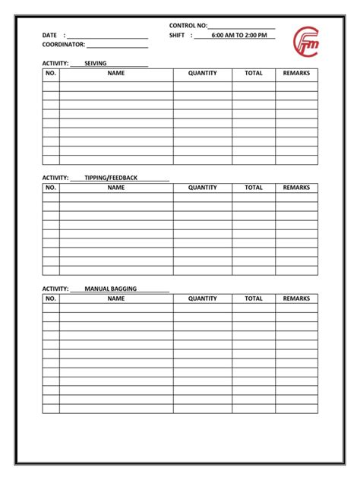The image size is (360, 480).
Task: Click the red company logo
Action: [307, 43]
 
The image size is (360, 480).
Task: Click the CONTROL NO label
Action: [188, 26]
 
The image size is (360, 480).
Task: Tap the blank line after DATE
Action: [107, 36]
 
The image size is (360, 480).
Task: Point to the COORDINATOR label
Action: [63, 45]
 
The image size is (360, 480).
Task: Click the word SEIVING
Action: [96, 63]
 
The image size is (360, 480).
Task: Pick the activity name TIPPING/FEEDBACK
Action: [111, 178]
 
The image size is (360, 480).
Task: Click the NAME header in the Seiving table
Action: [116, 74]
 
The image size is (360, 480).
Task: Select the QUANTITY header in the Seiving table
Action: [203, 74]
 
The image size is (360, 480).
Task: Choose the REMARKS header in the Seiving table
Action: [296, 74]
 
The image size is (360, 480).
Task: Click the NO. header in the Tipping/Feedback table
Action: [51, 188]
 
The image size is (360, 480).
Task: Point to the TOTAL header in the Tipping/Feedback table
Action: [254, 188]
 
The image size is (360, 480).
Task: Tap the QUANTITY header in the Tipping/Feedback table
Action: [203, 188]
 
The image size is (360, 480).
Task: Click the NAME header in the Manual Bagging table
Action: [116, 299]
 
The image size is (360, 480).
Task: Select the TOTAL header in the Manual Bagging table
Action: [254, 299]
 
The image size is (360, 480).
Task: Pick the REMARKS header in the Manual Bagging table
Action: [296, 299]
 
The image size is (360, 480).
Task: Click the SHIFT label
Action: [178, 36]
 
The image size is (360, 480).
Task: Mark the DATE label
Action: [50, 36]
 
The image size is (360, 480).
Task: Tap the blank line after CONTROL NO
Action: [241, 27]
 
